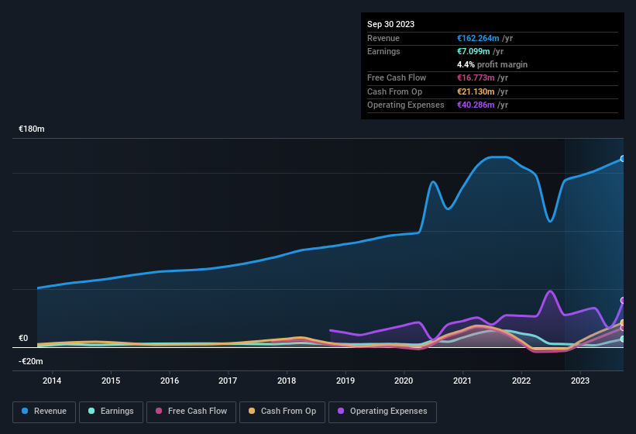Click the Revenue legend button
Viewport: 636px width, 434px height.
(x=43, y=412)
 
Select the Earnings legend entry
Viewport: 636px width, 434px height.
(x=110, y=412)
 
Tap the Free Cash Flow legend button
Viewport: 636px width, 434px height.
(x=191, y=412)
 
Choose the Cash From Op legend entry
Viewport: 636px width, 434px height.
(x=282, y=412)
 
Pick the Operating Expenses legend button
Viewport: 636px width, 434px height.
(x=383, y=412)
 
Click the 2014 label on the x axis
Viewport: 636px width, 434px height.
(x=52, y=381)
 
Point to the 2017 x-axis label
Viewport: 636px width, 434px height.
(x=228, y=381)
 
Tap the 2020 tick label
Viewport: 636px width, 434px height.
(x=404, y=381)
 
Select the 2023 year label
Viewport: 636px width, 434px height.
(x=579, y=381)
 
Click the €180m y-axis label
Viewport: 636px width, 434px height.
(x=32, y=129)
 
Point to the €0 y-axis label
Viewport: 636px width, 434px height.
(x=23, y=339)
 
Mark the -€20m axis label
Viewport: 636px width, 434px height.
(x=31, y=361)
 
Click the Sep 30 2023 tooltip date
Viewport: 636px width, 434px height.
(x=390, y=24)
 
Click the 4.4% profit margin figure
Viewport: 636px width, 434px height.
(x=466, y=64)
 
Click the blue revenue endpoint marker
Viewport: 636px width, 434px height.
(x=623, y=159)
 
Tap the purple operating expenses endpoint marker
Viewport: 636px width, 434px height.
(x=623, y=301)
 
